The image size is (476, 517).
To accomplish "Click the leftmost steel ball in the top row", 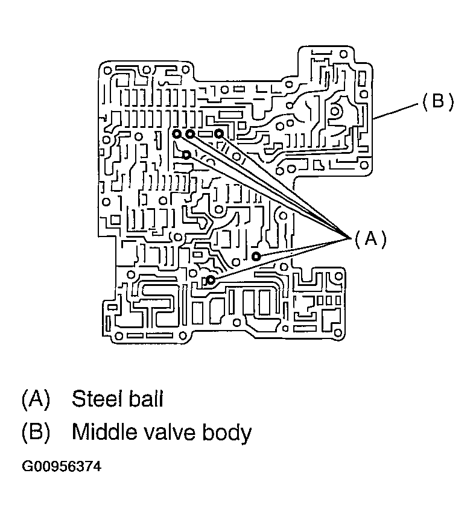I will point(176,133).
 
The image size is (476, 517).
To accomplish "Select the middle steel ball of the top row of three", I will point(190,133).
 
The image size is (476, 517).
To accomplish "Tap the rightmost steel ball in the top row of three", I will point(219,133).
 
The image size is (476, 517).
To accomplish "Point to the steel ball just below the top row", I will point(186,155).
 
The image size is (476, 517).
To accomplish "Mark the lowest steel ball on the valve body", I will point(211,280).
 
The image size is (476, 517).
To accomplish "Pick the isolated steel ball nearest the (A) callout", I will point(256,256).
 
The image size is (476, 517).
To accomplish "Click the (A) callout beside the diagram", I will point(370,238).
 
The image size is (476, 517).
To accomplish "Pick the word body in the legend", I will point(226,433).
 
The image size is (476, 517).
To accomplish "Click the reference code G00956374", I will point(61,467).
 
